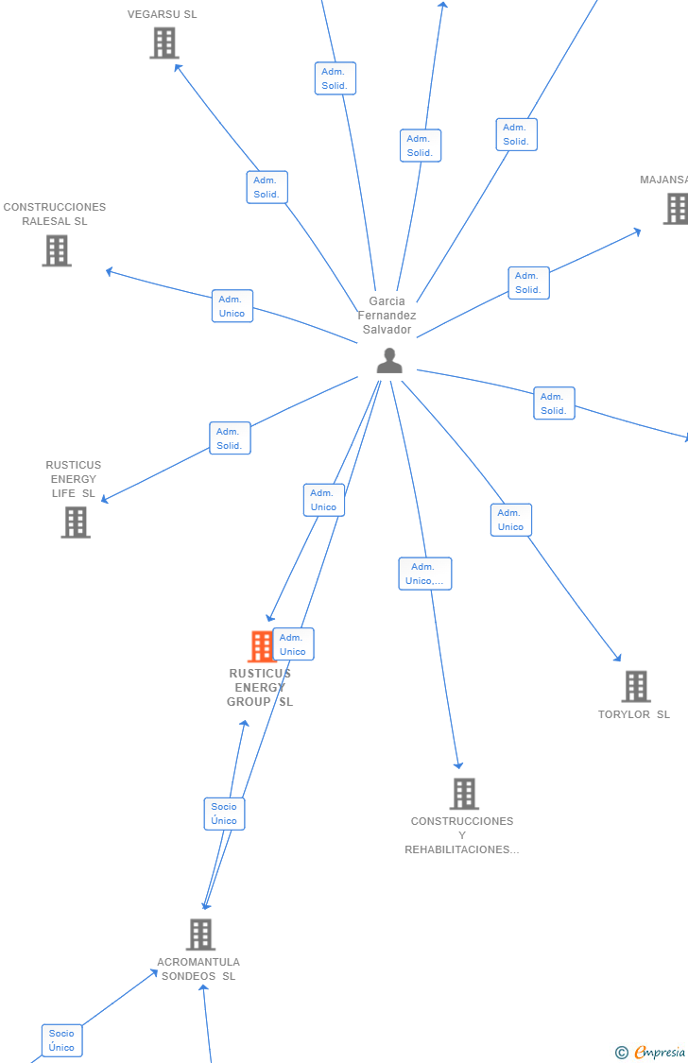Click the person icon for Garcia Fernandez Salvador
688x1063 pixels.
[x=389, y=361]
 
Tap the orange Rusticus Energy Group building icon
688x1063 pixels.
[x=259, y=647]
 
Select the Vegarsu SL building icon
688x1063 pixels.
[x=164, y=43]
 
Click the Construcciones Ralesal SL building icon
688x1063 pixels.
[x=57, y=250]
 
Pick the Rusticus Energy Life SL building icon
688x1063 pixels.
[x=76, y=522]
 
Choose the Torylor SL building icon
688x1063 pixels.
[x=636, y=687]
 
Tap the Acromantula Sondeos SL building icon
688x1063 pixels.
[x=200, y=934]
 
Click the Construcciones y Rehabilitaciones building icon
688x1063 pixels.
[x=464, y=794]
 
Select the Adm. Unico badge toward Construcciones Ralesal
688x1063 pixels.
[x=232, y=306]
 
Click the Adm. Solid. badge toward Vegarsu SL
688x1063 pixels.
[x=267, y=187]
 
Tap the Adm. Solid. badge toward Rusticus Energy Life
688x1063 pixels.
[x=230, y=438]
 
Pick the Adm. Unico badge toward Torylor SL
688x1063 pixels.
[x=511, y=520]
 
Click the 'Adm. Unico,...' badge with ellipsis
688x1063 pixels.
[x=425, y=574]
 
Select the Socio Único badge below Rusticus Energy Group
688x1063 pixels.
[x=225, y=814]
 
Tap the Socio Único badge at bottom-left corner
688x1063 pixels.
[x=62, y=1040]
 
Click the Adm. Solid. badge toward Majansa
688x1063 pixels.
[x=528, y=283]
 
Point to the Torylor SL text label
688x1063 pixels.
[x=633, y=714]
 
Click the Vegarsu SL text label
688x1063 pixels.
[x=163, y=14]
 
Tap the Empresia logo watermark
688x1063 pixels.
[x=652, y=1052]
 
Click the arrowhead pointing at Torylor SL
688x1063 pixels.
[x=618, y=658]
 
